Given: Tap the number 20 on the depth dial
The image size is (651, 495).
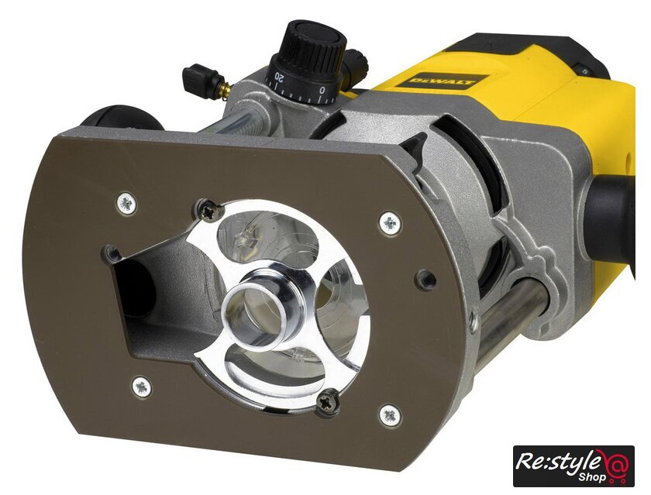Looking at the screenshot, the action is pos(280,77).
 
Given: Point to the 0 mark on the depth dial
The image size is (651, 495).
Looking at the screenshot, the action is pos(322,90).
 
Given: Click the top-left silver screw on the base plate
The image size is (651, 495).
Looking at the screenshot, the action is pos(126,204).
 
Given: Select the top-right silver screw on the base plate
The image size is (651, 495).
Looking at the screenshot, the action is pos(390,224).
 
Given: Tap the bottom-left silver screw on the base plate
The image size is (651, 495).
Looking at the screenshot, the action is pos(142,387).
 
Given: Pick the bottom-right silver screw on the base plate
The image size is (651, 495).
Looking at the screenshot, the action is pos(391,415).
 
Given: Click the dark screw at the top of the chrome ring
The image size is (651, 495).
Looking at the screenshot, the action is pos(208,211).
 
